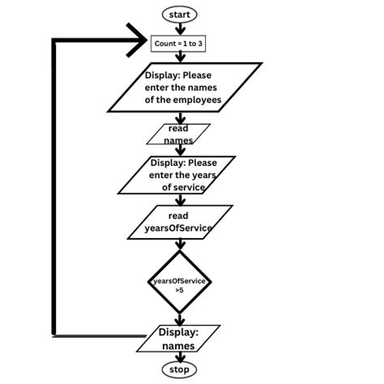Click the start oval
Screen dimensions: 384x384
point(179,14)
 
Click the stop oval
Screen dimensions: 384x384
point(179,369)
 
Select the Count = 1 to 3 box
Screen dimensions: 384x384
point(180,42)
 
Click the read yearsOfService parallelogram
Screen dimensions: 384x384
point(178,222)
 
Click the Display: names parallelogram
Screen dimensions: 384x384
point(177,339)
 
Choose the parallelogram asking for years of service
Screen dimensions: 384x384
point(177,175)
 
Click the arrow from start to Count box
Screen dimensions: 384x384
point(179,28)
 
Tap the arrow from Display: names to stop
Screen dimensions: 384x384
point(179,356)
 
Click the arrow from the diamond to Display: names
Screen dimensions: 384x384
point(179,320)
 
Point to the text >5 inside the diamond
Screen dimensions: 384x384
point(179,290)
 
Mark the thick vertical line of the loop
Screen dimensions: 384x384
point(55,186)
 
